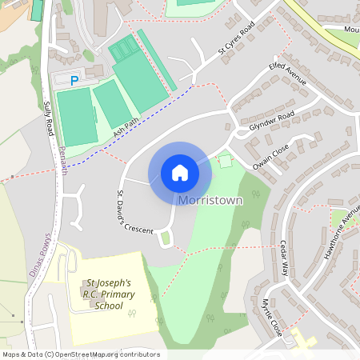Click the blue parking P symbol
(x=74, y=80)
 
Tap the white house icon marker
(x=179, y=172)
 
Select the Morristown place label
(x=210, y=199)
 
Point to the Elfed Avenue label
(x=287, y=73)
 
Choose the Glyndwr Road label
(x=271, y=121)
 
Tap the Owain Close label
(x=270, y=154)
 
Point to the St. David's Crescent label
(x=134, y=212)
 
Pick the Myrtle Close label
(x=271, y=316)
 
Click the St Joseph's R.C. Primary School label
(x=110, y=294)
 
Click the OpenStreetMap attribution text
(x=81, y=354)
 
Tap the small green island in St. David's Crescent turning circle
(x=166, y=237)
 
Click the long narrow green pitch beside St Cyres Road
(x=156, y=59)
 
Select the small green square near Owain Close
(x=226, y=161)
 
